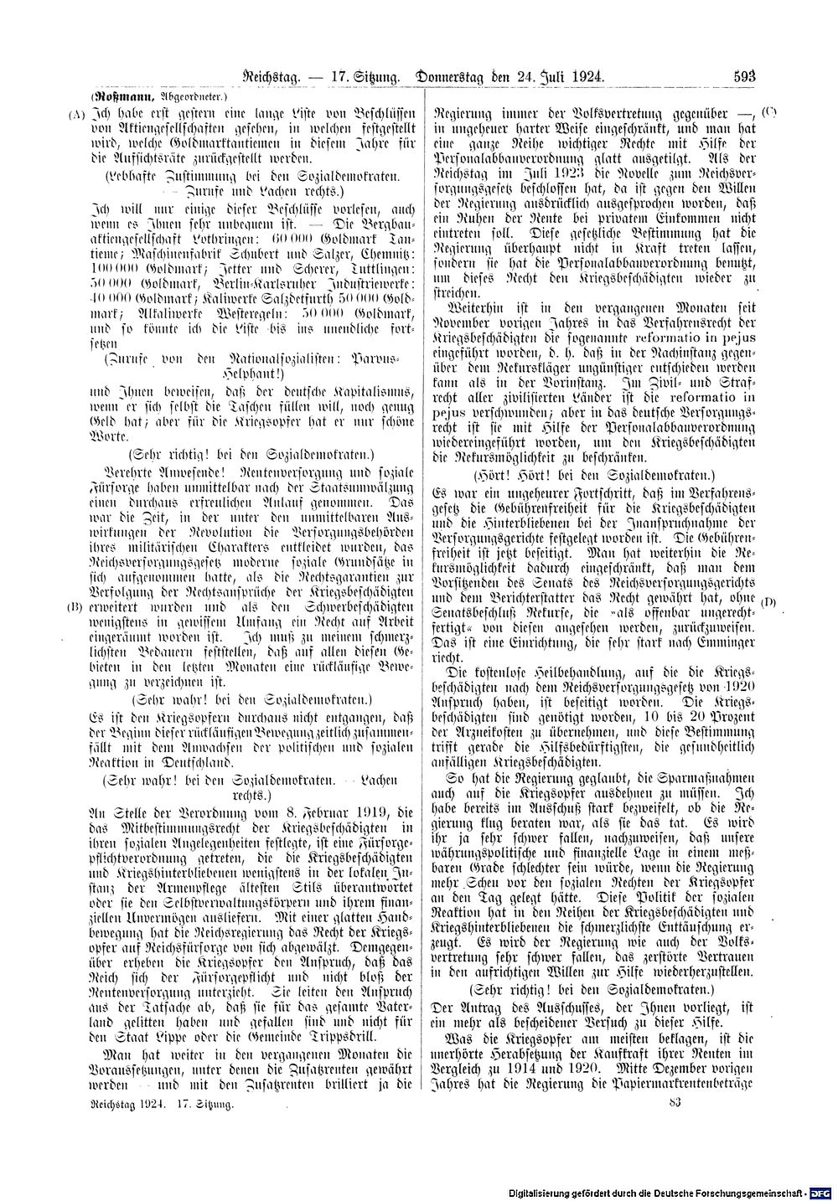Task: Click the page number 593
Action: [744, 75]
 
